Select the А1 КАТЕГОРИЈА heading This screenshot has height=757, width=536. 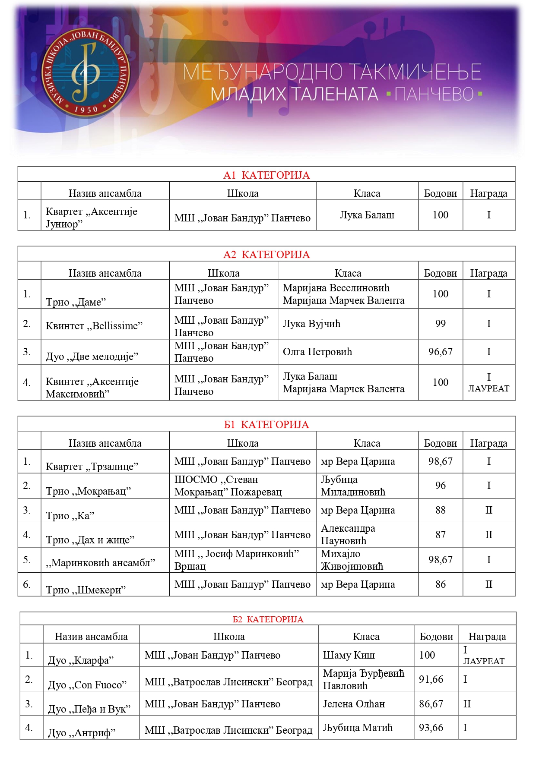(266, 175)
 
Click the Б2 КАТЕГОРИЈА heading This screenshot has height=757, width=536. (268, 619)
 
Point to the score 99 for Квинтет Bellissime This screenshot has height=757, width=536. (440, 324)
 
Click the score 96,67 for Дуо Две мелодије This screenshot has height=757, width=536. (440, 352)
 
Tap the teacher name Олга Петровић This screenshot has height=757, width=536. (317, 352)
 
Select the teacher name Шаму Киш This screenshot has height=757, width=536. (349, 655)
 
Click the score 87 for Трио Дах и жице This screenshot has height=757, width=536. (440, 535)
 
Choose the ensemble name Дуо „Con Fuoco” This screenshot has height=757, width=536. (87, 684)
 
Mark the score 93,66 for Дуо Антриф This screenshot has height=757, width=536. (431, 728)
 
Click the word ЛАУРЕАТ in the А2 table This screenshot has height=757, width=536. (488, 388)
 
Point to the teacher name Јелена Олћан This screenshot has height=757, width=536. (354, 704)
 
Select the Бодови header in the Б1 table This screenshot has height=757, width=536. (440, 443)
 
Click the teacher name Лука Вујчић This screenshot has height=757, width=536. (311, 324)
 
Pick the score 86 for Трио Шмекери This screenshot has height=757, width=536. (440, 584)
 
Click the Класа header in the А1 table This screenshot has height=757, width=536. (367, 193)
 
